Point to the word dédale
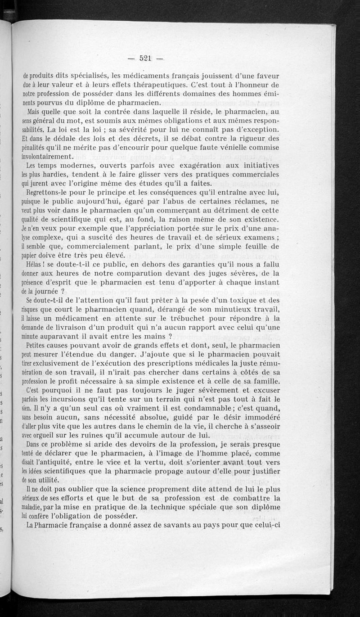coord(60,138)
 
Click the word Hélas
coord(35,264)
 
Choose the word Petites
coord(39,346)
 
